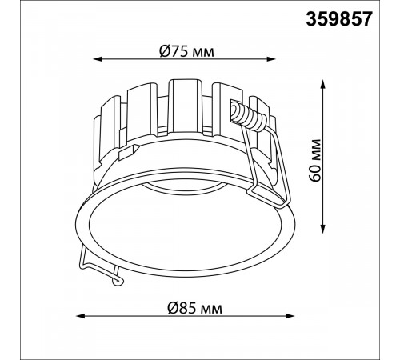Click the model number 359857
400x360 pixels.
pyautogui.click(x=338, y=19)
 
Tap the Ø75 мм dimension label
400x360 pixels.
pyautogui.click(x=186, y=51)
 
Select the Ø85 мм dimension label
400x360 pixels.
pyautogui.click(x=194, y=308)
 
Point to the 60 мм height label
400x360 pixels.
pyautogui.click(x=315, y=160)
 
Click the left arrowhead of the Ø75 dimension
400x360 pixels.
pyautogui.click(x=98, y=59)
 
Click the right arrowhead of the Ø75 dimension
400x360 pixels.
pyautogui.click(x=271, y=59)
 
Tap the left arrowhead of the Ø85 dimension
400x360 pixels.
pyautogui.click(x=81, y=316)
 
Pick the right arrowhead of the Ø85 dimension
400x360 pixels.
pyautogui.click(x=290, y=316)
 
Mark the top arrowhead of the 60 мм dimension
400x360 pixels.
pyautogui.click(x=323, y=84)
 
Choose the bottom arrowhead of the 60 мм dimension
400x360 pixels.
pyautogui.click(x=323, y=229)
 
